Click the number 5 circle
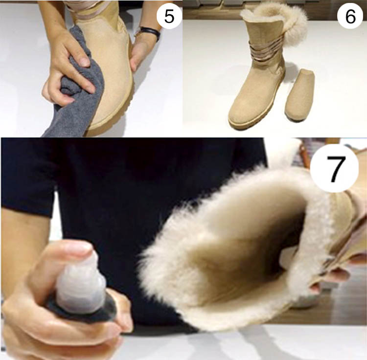point(169,16)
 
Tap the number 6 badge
point(350,16)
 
